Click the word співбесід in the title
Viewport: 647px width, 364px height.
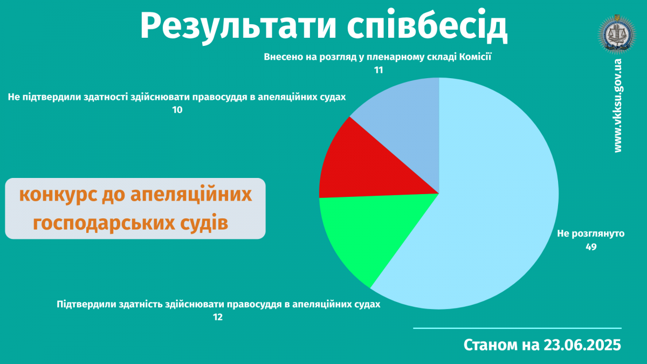coord(427,25)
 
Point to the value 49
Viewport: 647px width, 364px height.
coord(591,247)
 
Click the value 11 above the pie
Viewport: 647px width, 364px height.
coord(378,70)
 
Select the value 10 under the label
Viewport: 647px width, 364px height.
coord(177,110)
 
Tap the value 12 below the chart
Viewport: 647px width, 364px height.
coord(218,318)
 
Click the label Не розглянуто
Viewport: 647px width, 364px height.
coord(591,233)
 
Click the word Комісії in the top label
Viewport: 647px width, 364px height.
coord(475,57)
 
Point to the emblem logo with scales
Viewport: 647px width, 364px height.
coord(617,35)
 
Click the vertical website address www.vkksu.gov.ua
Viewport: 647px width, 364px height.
coord(617,106)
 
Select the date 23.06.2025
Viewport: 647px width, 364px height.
coord(582,345)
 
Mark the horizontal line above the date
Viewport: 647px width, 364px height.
coord(517,328)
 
